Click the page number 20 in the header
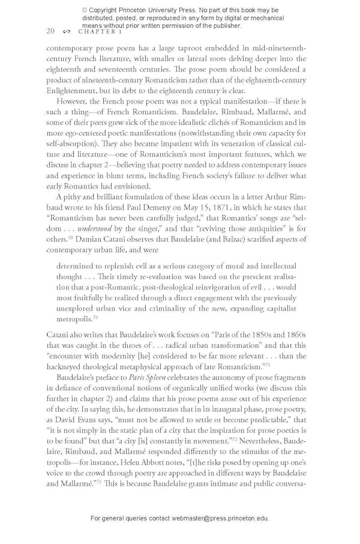(x=50, y=31)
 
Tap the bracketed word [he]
(x=145, y=356)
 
